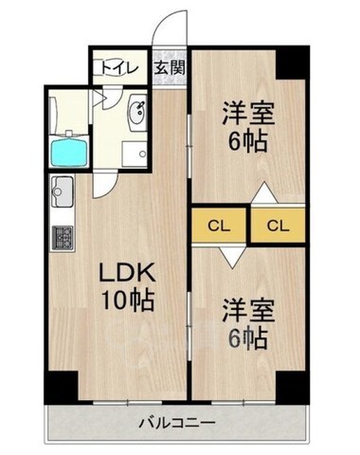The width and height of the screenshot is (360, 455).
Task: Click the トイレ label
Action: click(x=120, y=67)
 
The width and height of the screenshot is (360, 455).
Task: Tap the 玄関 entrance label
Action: click(x=170, y=67)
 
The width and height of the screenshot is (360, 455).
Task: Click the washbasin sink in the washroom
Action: click(x=137, y=112)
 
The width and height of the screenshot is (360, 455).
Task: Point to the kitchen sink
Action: click(x=63, y=191)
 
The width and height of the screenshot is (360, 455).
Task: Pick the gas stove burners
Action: click(x=63, y=238)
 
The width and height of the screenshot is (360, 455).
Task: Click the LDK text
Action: click(x=127, y=273)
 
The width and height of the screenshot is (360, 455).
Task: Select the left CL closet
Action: click(x=219, y=226)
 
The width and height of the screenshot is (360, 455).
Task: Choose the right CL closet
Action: click(x=279, y=226)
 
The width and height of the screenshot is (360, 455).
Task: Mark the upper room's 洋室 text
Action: click(x=248, y=114)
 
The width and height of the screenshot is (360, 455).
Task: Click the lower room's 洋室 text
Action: click(x=248, y=311)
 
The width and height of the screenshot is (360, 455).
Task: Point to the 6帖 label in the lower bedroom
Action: click(x=248, y=337)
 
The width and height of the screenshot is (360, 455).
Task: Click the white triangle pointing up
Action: click(x=264, y=193)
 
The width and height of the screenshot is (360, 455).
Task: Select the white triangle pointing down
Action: click(x=233, y=257)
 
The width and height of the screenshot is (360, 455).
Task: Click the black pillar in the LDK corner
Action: click(x=62, y=387)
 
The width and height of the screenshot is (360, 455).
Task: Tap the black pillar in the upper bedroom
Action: click(x=292, y=64)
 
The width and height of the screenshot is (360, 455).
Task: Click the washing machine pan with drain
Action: click(x=135, y=154)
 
